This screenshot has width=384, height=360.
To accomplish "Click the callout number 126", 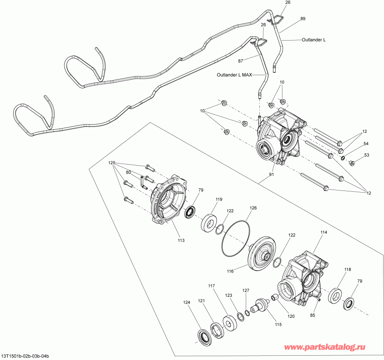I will (253, 208).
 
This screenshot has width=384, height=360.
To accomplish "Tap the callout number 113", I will (181, 241).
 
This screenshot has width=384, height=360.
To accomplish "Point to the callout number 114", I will (323, 233).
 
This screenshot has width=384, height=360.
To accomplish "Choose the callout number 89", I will (303, 19).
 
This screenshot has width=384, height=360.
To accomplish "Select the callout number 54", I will (366, 143).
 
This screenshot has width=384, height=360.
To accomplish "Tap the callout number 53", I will (366, 155).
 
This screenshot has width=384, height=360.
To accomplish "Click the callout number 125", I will (112, 163).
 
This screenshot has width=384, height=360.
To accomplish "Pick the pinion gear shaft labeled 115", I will (260, 306).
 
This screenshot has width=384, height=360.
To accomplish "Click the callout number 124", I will (186, 303).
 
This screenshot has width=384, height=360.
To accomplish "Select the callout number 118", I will (348, 269).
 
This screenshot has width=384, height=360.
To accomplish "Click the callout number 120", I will (291, 316).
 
